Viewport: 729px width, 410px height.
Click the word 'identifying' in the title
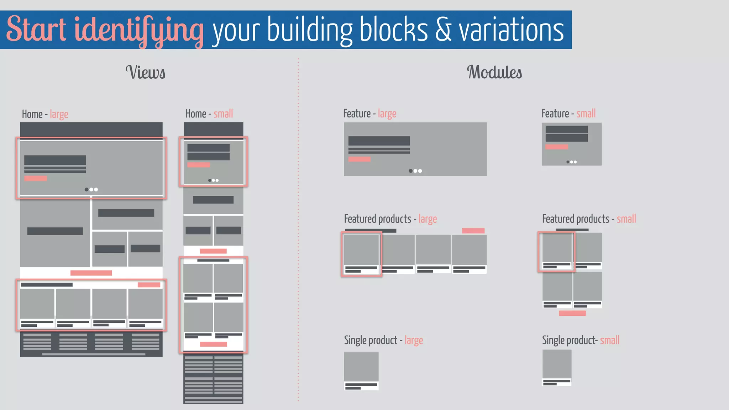point(139,30)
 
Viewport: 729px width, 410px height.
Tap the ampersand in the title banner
point(443,30)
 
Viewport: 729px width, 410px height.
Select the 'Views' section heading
point(145,72)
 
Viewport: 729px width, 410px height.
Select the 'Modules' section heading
point(494,72)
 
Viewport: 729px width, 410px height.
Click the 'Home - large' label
point(45,114)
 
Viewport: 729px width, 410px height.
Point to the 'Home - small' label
point(209,114)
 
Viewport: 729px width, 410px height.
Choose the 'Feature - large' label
point(369,114)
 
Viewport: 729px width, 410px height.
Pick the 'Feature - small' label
point(568,114)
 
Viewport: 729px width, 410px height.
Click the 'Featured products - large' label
point(390,219)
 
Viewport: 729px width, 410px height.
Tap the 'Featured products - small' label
point(589,219)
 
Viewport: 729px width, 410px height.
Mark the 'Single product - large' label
point(383,340)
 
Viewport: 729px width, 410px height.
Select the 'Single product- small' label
point(581,340)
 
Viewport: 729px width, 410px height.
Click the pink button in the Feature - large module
point(359,159)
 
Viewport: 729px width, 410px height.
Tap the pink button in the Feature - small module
point(556,147)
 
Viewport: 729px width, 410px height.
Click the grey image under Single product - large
point(361,366)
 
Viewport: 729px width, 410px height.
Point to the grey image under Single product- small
point(557,364)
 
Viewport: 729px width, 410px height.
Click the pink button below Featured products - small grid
point(572,313)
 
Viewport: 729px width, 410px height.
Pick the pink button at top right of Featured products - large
point(473,231)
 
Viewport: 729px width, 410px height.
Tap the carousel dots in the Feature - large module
point(415,171)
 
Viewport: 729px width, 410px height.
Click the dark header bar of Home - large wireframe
point(91,129)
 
